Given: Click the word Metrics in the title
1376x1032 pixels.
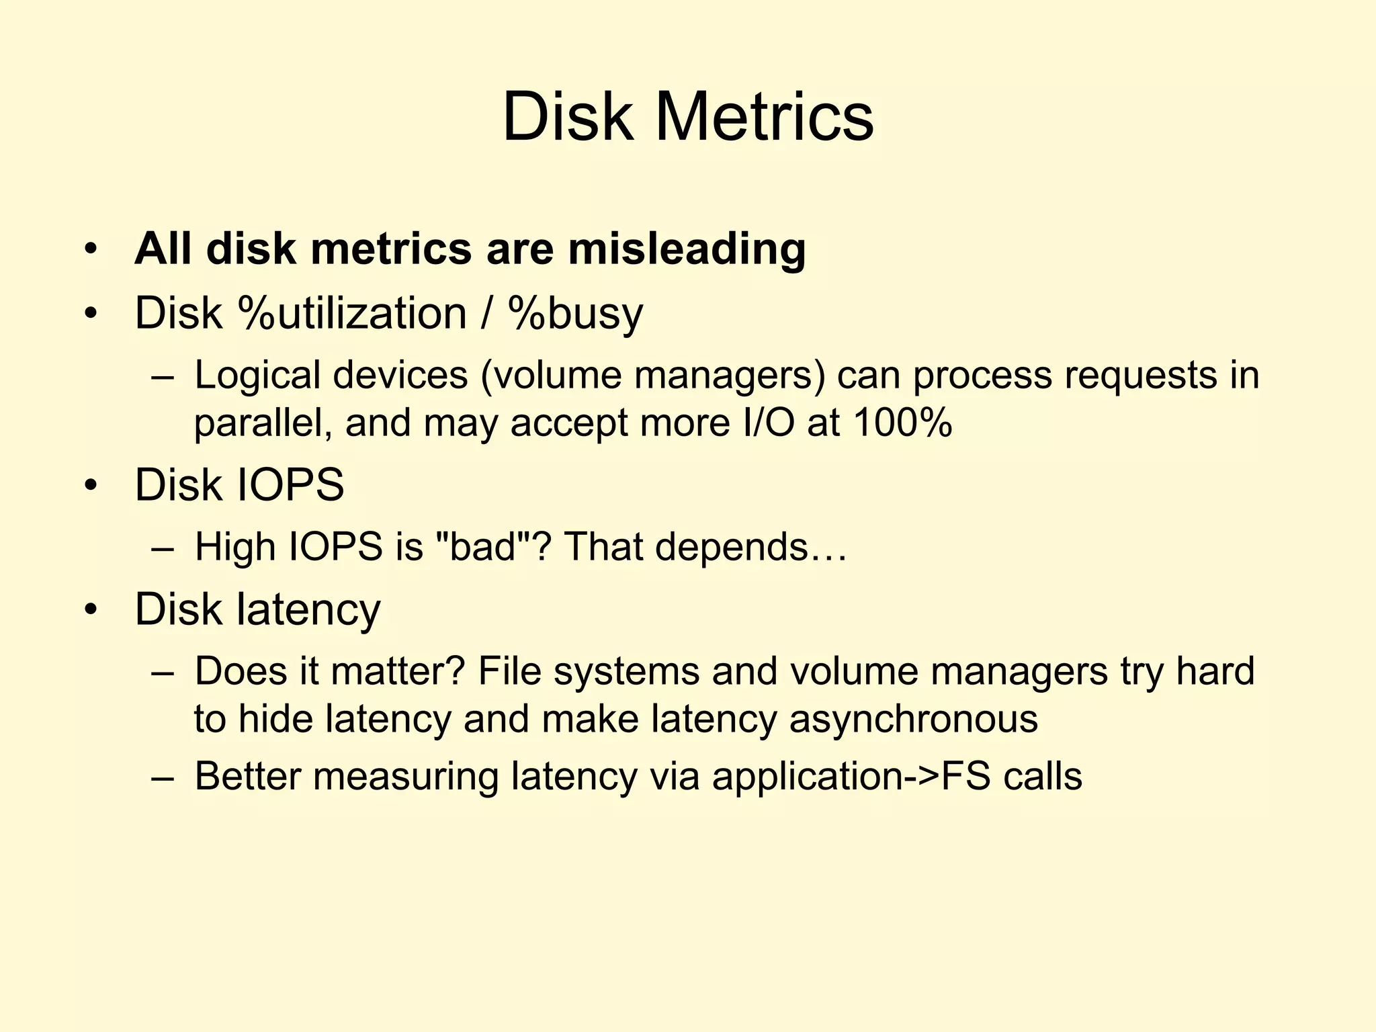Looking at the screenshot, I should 764,118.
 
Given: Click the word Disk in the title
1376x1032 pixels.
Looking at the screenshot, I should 568,118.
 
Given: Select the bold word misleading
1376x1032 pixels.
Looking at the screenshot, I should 686,249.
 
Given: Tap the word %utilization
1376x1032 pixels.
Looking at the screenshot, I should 353,313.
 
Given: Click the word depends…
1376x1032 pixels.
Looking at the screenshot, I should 751,548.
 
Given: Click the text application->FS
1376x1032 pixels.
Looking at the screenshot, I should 851,777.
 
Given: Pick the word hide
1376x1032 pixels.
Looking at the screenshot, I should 276,719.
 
